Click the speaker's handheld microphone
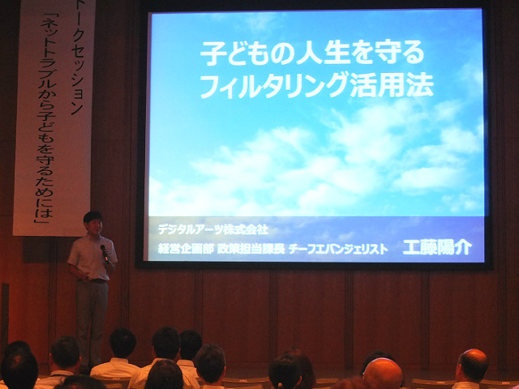point(105,254)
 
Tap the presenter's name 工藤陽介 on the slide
point(437,247)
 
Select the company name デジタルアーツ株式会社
point(212,229)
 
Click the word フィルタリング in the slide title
point(274,86)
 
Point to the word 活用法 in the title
point(392,85)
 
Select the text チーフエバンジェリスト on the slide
point(338,249)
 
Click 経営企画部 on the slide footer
point(186,249)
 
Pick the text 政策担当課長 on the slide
point(251,249)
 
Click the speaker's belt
point(96,281)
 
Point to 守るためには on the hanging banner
point(45,182)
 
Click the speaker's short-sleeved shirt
point(92,257)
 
